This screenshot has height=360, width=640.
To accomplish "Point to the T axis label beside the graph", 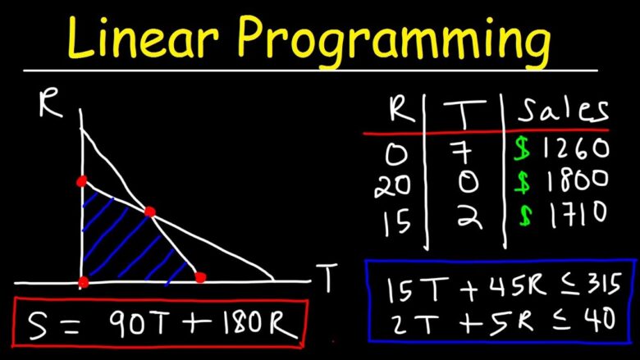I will (327, 280).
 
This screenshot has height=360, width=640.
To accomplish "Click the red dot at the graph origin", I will (83, 282).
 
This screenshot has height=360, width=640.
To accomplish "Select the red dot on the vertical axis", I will (81, 181).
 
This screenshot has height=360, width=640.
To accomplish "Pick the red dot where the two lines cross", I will (149, 212).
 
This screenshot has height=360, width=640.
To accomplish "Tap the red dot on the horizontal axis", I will (200, 277).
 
